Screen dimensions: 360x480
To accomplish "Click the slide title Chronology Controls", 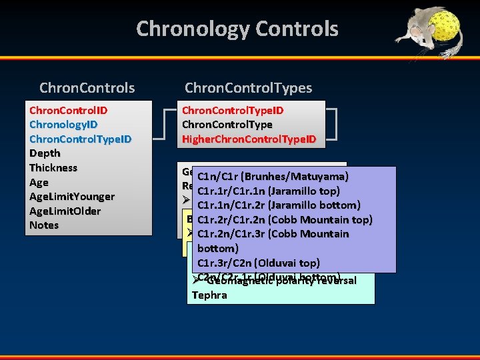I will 237,29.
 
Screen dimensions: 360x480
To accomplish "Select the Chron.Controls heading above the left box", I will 87,87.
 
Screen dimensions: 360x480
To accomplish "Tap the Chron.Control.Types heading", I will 248,87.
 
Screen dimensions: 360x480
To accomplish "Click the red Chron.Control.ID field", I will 69,109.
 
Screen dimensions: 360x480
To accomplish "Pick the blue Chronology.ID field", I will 63,124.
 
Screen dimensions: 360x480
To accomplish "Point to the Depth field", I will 45,153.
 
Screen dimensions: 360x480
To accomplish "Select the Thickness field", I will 53,167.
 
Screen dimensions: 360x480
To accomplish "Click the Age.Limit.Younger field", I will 72,196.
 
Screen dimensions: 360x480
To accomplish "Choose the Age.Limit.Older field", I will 65,211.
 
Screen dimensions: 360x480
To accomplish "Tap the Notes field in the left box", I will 44,225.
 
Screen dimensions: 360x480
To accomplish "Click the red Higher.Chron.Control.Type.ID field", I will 249,139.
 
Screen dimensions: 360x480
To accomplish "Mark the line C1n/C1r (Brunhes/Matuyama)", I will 273,177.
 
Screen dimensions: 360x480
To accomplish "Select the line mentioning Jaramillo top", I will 269,191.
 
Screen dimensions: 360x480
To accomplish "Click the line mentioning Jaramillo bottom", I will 279,205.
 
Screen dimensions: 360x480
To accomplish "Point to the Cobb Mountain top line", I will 285,219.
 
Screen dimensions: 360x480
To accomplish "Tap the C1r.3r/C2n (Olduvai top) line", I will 259,263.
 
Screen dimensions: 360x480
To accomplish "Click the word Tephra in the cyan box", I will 209,295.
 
